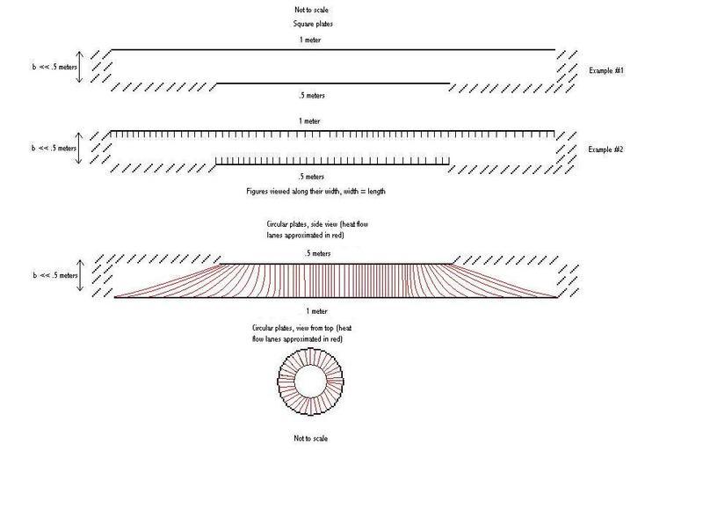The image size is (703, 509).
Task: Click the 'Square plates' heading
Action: click(313, 24)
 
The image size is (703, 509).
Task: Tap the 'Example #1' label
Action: click(606, 70)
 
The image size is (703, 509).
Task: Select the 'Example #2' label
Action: click(605, 149)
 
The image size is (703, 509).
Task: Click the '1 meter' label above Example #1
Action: click(310, 40)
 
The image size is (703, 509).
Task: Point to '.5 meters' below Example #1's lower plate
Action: click(312, 96)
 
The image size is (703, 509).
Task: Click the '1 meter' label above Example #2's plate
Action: click(309, 121)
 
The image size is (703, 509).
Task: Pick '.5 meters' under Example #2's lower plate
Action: click(311, 177)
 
